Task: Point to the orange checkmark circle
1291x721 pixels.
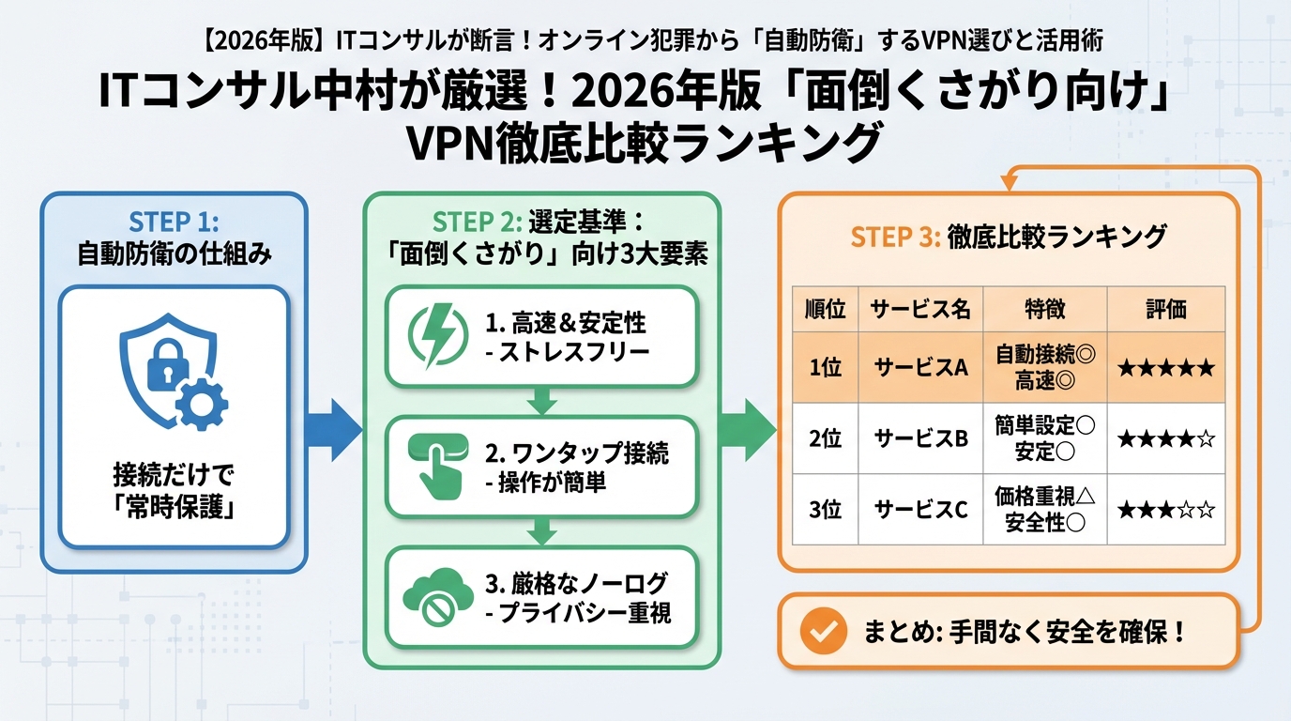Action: click(x=823, y=631)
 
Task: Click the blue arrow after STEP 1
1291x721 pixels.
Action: click(x=333, y=430)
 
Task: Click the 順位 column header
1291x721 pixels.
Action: click(x=825, y=310)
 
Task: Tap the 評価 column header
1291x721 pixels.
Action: click(x=1165, y=310)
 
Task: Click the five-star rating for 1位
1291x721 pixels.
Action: click(x=1165, y=368)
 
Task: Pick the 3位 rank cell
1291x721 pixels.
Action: click(x=825, y=510)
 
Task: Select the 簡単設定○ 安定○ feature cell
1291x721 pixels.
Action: click(x=1044, y=438)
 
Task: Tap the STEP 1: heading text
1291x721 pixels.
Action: click(x=174, y=223)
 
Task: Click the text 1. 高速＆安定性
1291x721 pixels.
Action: click(x=566, y=324)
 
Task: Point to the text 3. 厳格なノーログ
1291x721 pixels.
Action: click(x=578, y=583)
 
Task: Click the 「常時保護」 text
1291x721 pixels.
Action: click(x=174, y=508)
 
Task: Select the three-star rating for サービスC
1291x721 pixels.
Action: click(x=1165, y=511)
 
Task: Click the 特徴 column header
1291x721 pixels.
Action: click(x=1044, y=310)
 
